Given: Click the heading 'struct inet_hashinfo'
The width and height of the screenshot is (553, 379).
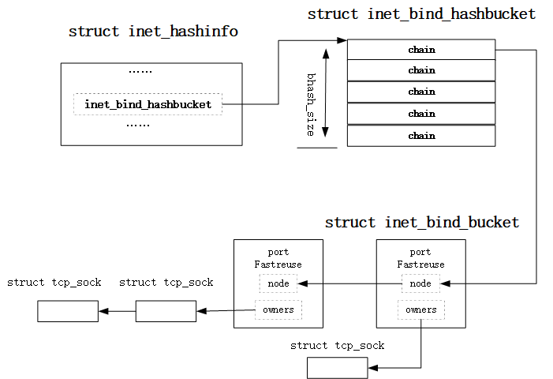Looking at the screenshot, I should (153, 32).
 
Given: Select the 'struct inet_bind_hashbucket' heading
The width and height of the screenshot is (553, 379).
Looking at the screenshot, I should (421, 14).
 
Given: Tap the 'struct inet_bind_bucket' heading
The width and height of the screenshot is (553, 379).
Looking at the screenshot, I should (422, 223).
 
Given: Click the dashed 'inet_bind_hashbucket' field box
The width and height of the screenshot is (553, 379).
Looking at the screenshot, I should (148, 104).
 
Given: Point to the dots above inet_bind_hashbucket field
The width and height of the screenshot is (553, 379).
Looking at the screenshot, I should (140, 72).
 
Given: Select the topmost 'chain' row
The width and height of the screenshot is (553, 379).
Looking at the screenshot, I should (421, 50).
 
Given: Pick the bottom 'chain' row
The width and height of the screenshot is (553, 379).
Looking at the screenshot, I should (421, 136).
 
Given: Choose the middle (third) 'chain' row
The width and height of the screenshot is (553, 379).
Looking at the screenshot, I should (421, 92).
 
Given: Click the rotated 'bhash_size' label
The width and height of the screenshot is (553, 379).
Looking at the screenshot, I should (311, 104).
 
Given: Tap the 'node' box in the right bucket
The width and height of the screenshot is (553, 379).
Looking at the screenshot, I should (420, 283).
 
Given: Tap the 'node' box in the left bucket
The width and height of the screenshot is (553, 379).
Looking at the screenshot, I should (278, 283).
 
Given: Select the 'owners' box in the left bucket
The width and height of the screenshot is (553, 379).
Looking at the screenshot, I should (278, 310).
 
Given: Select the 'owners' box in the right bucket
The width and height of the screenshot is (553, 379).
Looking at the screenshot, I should (420, 310).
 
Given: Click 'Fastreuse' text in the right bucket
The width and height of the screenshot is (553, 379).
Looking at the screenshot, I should (420, 265).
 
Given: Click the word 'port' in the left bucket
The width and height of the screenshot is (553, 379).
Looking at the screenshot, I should (278, 253).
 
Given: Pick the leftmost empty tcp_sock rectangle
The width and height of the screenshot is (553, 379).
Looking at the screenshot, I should (67, 311).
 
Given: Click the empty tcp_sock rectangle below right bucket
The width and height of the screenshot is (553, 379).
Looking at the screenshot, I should (337, 368).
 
